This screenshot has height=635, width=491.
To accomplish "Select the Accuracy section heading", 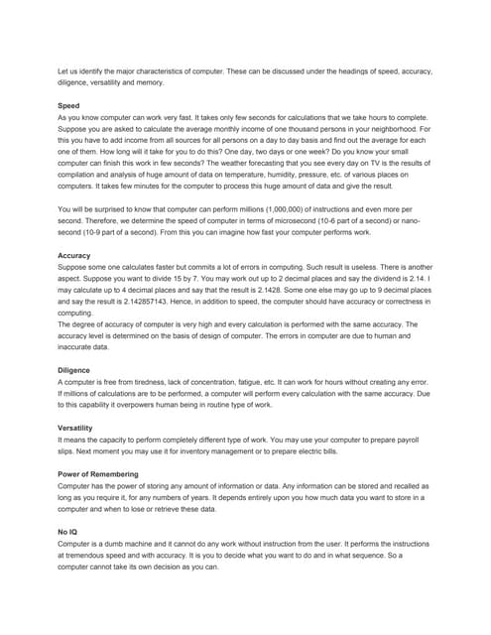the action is (74, 256).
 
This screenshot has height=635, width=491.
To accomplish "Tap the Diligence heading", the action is (75, 370).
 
